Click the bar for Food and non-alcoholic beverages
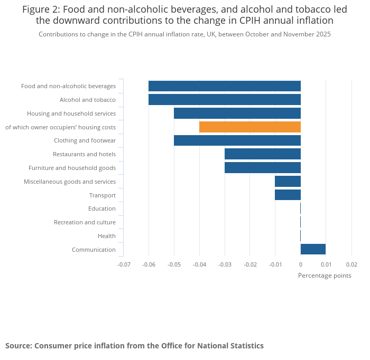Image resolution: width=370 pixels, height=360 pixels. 224,86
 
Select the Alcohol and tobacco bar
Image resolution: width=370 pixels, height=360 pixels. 224,100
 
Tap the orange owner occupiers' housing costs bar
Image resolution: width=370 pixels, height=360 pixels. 249,127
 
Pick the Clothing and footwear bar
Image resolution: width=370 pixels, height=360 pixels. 237,140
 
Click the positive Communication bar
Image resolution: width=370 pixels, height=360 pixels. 313,249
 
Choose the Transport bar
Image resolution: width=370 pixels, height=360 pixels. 288,195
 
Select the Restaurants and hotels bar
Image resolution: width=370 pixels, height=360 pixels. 262,154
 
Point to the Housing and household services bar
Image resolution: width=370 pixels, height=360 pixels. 237,113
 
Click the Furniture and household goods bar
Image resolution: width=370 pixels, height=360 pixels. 262,168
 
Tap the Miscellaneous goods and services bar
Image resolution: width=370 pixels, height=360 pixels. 288,182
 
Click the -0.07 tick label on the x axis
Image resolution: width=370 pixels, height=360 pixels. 124,264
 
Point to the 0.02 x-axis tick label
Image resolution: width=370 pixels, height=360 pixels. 351,264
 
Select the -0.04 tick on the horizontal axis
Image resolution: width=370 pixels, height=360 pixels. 199,264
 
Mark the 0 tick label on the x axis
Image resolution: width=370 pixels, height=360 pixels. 300,264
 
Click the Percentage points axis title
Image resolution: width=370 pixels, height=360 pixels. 325,276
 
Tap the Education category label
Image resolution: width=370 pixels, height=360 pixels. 102,209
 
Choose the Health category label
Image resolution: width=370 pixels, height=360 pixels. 107,236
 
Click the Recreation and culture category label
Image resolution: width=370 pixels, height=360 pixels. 85,222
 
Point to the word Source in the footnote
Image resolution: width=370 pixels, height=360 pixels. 18,346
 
